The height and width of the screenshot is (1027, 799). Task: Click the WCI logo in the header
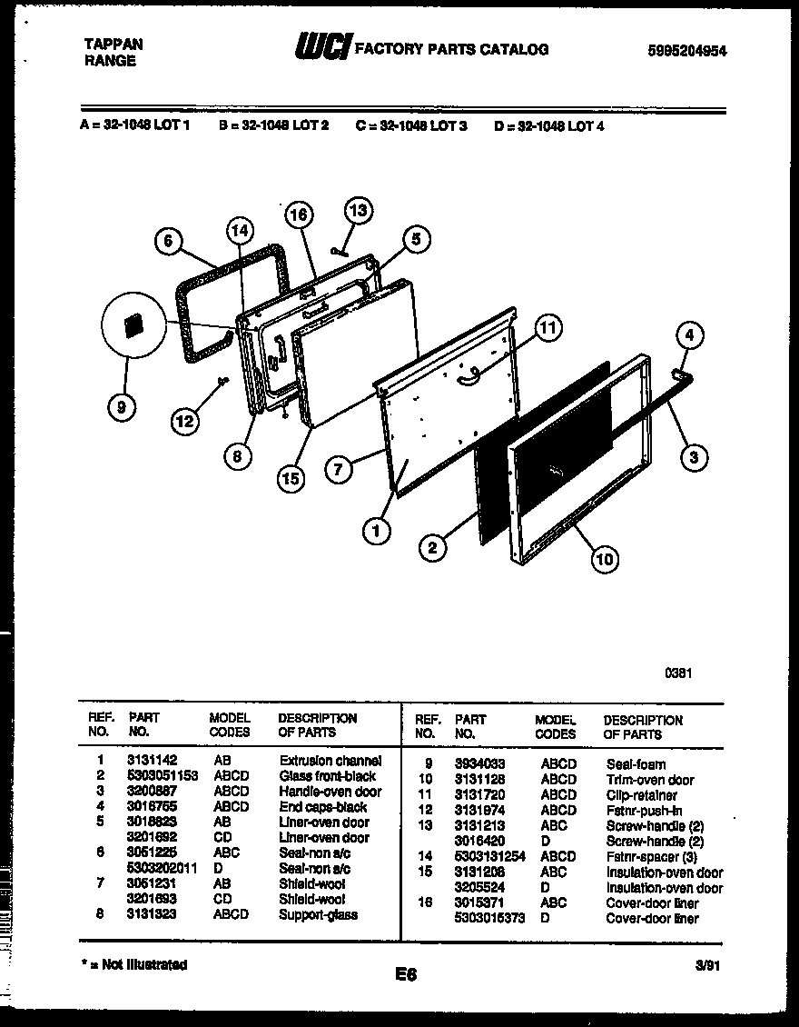pos(322,48)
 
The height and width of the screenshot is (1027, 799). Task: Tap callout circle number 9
pos(122,409)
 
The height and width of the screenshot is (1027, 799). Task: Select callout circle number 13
pos(359,212)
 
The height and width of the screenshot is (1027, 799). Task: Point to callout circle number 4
pos(688,335)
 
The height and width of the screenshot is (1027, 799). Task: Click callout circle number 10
pos(604,558)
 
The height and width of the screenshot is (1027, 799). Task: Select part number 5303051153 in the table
pos(161,776)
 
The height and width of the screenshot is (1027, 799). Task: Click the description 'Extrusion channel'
pos(330,761)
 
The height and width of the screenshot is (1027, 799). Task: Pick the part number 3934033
pos(480,764)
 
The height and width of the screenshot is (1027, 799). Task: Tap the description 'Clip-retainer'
pos(641,795)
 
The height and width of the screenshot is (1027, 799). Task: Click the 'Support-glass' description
pos(318,915)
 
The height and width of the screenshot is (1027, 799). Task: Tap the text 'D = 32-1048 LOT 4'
pos(548,126)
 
